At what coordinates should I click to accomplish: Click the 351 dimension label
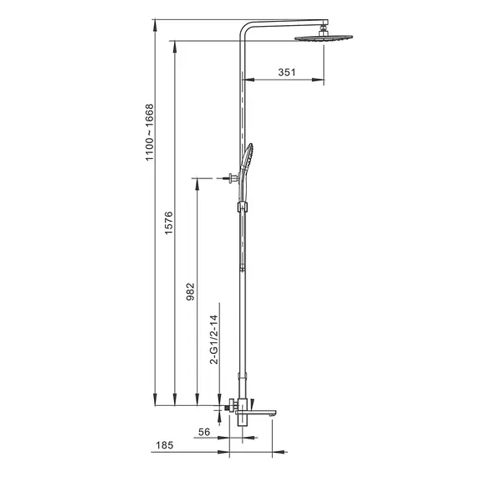click(x=286, y=73)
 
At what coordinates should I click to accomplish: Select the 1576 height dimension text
click(x=168, y=223)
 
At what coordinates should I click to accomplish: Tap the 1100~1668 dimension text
click(x=149, y=132)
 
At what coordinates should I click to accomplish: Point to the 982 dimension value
click(x=190, y=292)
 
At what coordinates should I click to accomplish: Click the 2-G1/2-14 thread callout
click(x=214, y=340)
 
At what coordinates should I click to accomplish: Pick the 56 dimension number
click(x=204, y=432)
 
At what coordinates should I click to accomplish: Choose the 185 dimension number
click(x=165, y=445)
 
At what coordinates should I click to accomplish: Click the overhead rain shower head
click(x=324, y=38)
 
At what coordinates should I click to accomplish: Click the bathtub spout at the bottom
click(x=256, y=413)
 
